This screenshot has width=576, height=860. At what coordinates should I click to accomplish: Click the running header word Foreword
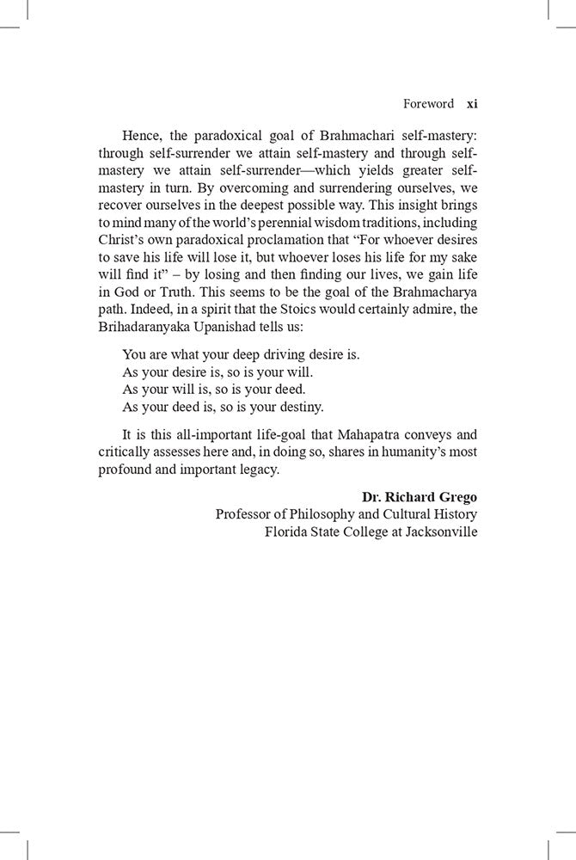(x=428, y=104)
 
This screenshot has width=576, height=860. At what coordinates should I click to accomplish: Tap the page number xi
(x=471, y=104)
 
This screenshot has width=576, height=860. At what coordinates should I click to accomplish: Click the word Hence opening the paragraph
(x=142, y=136)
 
